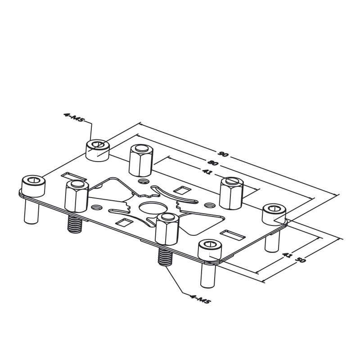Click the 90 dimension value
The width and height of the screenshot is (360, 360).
click(x=223, y=154)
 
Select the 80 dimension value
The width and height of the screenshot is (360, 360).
click(x=212, y=163)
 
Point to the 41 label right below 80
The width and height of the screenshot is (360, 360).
click(x=207, y=171)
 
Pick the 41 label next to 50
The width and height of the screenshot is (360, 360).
click(x=287, y=255)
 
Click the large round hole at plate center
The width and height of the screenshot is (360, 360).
click(x=153, y=208)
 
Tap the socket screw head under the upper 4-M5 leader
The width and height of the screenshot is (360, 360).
click(x=97, y=150)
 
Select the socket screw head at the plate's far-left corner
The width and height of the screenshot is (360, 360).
click(x=33, y=186)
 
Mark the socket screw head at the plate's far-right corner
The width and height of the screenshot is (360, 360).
click(x=274, y=215)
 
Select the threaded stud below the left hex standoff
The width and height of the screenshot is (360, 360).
click(x=75, y=224)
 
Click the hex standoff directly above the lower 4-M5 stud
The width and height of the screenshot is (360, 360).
click(x=167, y=229)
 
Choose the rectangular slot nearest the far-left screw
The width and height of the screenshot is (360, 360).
click(x=74, y=177)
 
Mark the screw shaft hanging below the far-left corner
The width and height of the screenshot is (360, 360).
click(x=31, y=211)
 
